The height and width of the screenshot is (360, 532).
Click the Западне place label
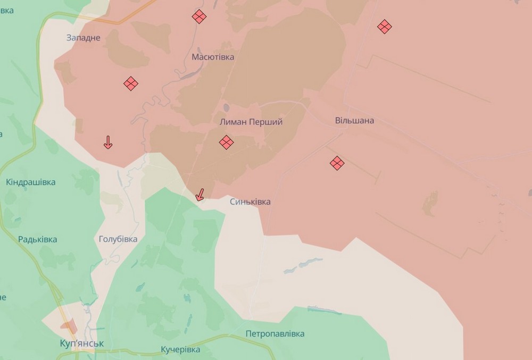point(84,37)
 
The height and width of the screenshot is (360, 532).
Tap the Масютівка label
point(213,57)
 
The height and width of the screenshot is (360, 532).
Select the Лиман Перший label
point(251,122)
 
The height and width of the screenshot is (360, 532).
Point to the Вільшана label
point(354,120)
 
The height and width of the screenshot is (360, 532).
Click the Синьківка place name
point(250,202)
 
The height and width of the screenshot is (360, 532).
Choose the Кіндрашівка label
point(31,182)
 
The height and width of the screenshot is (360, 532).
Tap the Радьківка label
point(37,239)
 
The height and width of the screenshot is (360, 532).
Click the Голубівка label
point(118,239)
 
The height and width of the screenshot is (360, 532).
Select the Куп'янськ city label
point(82,344)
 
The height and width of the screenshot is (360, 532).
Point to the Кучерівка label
point(180,349)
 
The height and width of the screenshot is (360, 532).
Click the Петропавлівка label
point(275,333)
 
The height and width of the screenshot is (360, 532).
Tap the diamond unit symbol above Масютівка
point(199,16)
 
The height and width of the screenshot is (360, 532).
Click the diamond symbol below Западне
point(131,83)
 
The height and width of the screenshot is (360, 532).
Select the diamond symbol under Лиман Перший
point(226,142)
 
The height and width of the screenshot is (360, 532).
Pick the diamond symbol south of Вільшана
point(337,163)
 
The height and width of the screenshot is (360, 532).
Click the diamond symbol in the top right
point(384,26)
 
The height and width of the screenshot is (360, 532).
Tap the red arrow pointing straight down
point(107,142)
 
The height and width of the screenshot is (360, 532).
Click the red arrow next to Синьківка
point(199,195)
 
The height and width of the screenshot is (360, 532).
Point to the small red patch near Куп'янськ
point(68,325)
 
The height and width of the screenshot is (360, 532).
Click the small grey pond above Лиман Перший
point(227,108)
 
